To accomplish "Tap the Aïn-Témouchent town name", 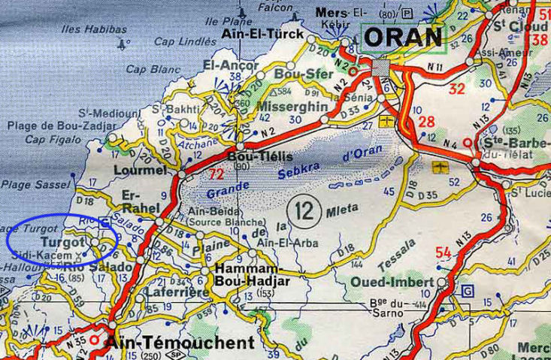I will [x=180, y=343].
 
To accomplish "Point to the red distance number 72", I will [x=216, y=174].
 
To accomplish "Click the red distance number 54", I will [x=443, y=253].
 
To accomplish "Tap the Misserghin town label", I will [x=292, y=107].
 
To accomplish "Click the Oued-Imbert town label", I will [x=392, y=283].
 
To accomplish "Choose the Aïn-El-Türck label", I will [x=263, y=35].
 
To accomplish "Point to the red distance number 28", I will [x=426, y=122].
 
